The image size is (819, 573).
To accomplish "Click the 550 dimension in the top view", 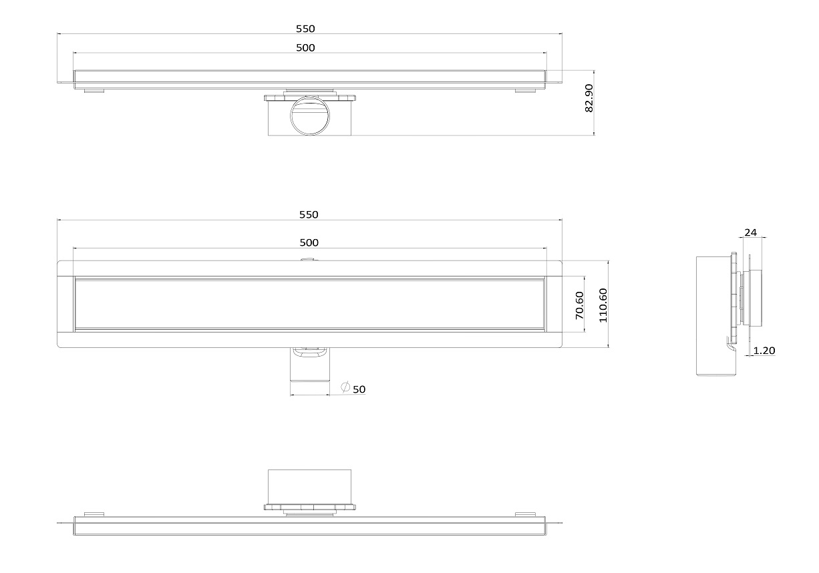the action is pos(305,29).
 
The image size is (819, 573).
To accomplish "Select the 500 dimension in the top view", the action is pos(305,47).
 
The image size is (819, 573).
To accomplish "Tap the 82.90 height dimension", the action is pos(589,98).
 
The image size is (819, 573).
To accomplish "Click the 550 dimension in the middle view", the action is pos(309,214).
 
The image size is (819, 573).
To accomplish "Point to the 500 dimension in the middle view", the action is pos(309,242).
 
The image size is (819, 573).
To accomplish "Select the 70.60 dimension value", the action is pos(580,305).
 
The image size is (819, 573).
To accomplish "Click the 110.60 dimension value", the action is pos(603,305).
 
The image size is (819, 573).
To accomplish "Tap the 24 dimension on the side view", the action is pos(751,232).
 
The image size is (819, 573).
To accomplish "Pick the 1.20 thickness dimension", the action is pos(764,351).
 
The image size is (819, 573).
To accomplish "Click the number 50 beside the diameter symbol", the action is pos(359,389).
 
